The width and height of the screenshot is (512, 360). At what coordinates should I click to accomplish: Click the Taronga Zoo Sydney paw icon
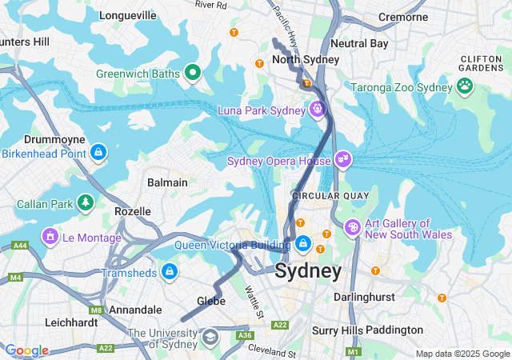point(466,84)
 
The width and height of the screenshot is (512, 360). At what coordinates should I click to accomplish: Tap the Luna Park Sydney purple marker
point(318,109)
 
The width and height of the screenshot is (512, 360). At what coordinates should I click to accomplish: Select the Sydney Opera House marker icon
point(343,160)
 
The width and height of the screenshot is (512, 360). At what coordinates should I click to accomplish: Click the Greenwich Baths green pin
point(192,74)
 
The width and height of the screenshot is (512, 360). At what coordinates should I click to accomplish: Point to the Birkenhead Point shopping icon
point(98,151)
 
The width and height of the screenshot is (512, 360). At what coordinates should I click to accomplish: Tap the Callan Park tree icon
point(85,202)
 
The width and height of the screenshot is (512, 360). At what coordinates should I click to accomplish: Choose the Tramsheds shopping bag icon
point(169,272)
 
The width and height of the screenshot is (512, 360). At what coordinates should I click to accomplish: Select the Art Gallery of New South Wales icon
point(352,229)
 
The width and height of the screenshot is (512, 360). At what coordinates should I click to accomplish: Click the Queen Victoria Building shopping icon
point(303,242)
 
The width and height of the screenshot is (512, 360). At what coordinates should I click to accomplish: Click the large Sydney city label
point(308,271)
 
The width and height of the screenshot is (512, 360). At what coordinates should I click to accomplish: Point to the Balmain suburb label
point(167,182)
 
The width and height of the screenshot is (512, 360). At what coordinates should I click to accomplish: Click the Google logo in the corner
point(26,350)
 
